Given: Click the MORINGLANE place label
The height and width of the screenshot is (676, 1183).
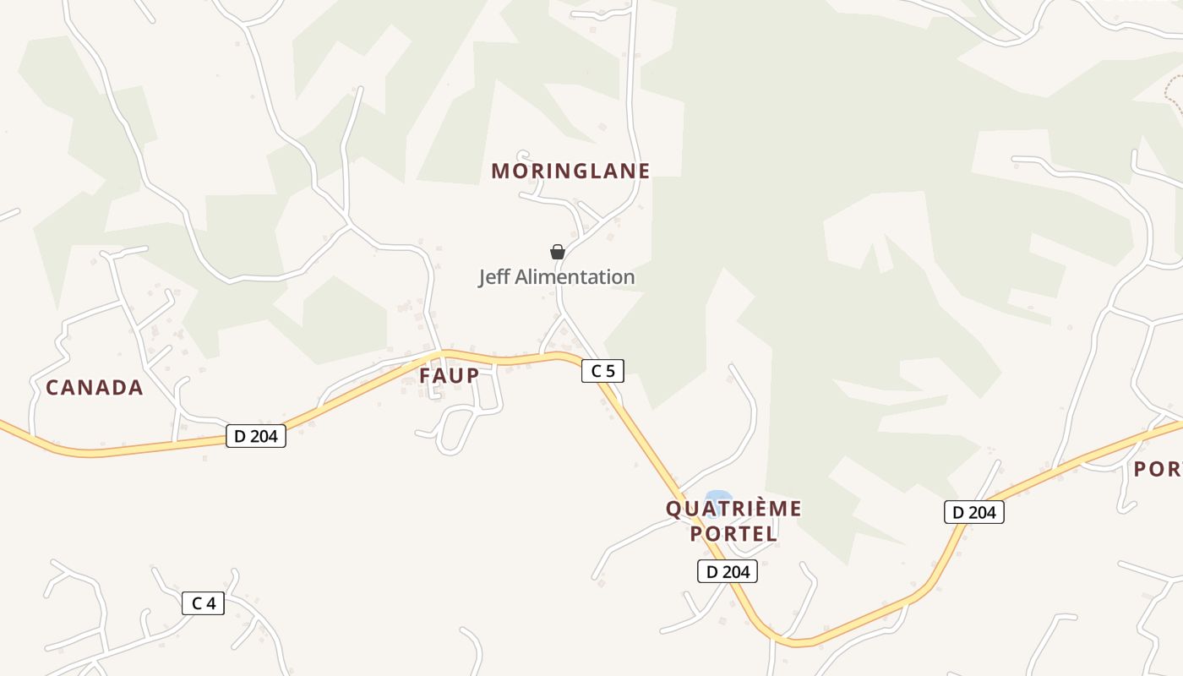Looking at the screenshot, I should pos(570,171).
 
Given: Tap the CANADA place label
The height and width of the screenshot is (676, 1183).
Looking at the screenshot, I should pos(95,388).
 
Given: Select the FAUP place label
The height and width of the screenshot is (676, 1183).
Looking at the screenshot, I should pos(450,376).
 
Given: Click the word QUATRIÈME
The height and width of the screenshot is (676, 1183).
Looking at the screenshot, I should pos(733,509).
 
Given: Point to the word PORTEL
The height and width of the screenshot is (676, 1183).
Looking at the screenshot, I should pos(733,534).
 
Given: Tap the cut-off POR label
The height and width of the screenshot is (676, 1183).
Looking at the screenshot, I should pos(1157,469).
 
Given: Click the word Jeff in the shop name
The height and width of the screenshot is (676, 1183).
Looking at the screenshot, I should pos(495,277).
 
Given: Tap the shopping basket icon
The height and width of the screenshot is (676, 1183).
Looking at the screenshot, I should pos(558,252).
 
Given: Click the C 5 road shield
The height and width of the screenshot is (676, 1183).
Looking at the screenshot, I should pos(602,370).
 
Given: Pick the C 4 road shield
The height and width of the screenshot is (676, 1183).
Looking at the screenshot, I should pos(203,603).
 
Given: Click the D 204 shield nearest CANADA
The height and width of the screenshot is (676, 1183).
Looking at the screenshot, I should pos(256,436).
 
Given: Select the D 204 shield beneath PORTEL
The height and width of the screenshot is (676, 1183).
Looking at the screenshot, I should pos(728,571).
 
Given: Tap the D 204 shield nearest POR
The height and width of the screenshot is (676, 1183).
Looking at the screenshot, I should pos(974,512).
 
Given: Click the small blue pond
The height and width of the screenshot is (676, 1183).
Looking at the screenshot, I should pos(718,497).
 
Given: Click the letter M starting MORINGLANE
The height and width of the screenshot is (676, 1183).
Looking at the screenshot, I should pos(500,171).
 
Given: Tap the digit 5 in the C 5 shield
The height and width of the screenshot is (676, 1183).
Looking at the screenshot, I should pos(610,370).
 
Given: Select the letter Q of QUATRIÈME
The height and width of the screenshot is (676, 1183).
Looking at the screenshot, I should pos(673,510).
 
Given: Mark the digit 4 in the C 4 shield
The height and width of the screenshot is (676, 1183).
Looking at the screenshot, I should pos(210,603).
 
